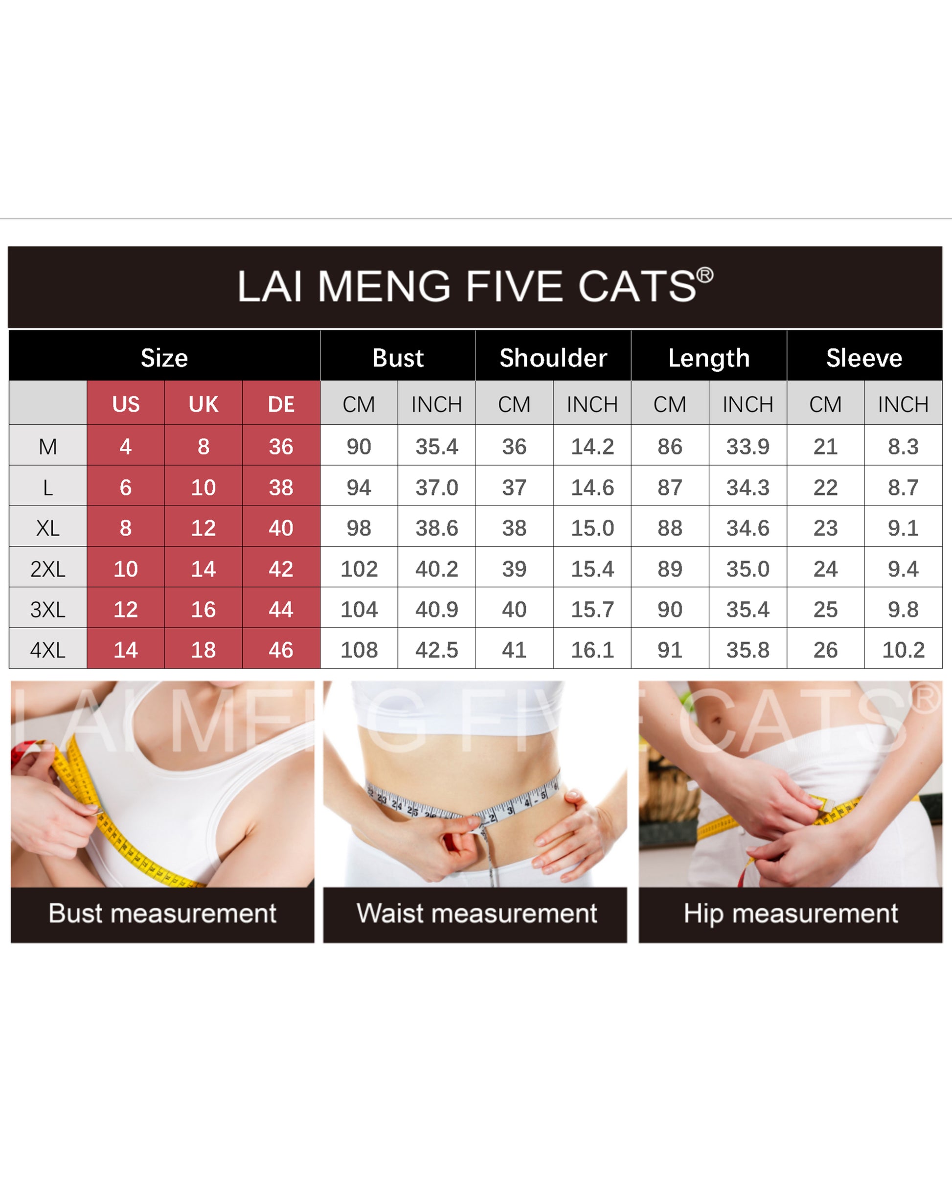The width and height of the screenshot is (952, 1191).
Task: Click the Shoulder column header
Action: (x=553, y=358)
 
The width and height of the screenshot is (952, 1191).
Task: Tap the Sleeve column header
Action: (x=864, y=358)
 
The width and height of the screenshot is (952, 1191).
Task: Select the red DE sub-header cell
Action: (x=281, y=404)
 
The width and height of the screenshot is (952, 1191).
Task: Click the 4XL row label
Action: (x=48, y=650)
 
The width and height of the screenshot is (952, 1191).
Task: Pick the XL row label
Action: (x=48, y=528)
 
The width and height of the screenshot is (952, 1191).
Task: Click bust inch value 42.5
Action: (x=437, y=650)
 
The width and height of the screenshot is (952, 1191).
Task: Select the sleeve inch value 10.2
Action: (x=904, y=650)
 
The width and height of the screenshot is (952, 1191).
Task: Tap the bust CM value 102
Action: (x=359, y=569)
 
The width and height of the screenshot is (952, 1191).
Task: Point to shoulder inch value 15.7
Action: (x=592, y=609)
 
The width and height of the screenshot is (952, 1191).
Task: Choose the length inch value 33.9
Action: (x=748, y=446)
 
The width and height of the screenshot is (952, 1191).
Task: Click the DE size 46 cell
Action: (x=281, y=650)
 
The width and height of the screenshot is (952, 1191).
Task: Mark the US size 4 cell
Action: (x=126, y=446)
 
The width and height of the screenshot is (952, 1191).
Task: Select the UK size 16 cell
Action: (x=203, y=609)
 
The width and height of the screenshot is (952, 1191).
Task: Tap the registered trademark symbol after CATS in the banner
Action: (x=704, y=275)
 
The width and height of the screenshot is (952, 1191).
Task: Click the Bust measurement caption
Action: (x=162, y=913)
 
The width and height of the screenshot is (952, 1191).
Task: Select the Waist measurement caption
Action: (x=476, y=913)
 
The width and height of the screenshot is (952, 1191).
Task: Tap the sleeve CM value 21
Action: (x=826, y=446)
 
